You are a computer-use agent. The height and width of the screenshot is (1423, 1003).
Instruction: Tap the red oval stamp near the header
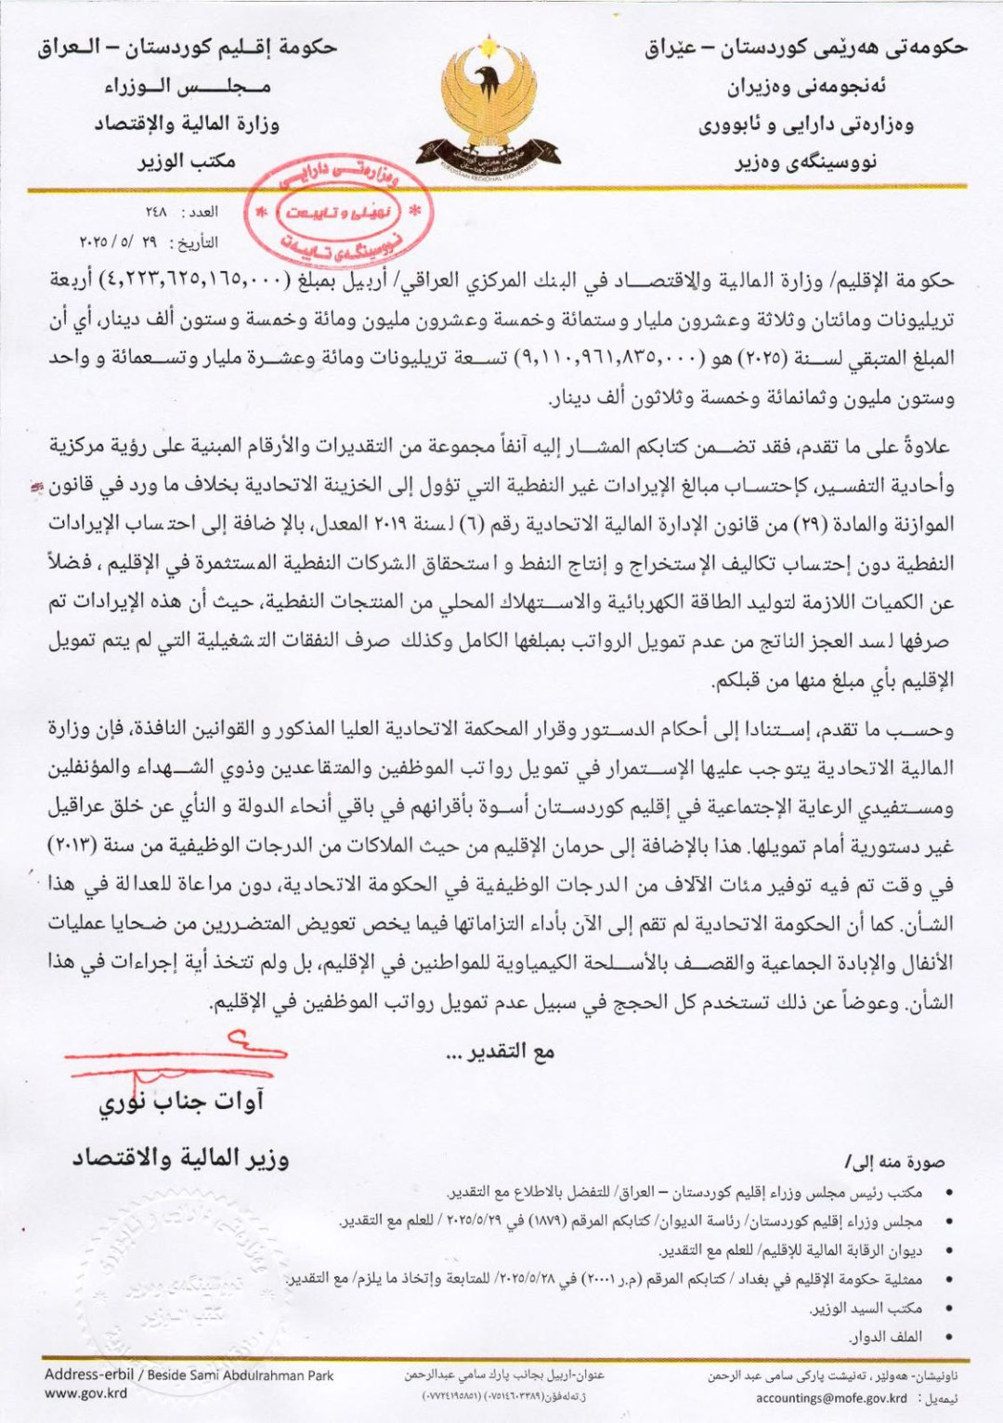point(339,213)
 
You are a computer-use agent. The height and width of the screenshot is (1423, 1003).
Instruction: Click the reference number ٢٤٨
point(157,213)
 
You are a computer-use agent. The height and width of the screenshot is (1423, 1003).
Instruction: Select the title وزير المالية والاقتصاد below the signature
point(181,1158)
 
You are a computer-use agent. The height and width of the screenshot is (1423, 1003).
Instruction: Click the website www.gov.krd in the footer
point(85,1393)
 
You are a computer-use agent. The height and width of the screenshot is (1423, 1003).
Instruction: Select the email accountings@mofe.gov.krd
point(831,1398)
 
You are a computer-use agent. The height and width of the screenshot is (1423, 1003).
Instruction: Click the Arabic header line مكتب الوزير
point(187,162)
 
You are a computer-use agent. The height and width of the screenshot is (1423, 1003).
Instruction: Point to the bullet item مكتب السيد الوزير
point(866,1309)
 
